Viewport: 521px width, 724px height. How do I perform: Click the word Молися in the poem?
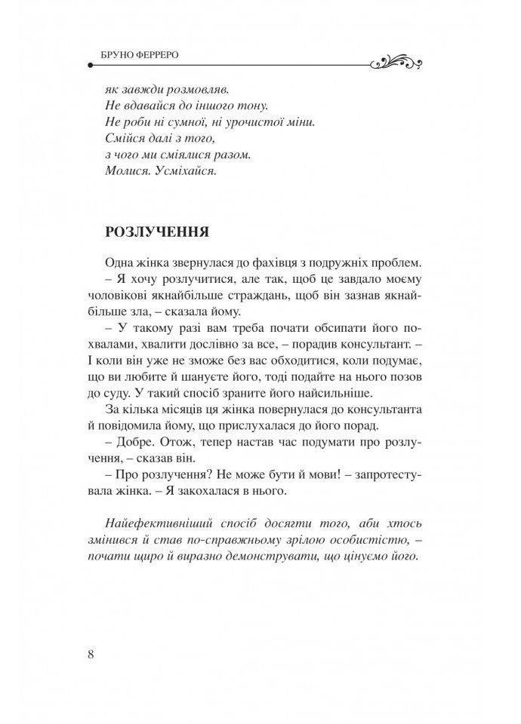click(x=126, y=172)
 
